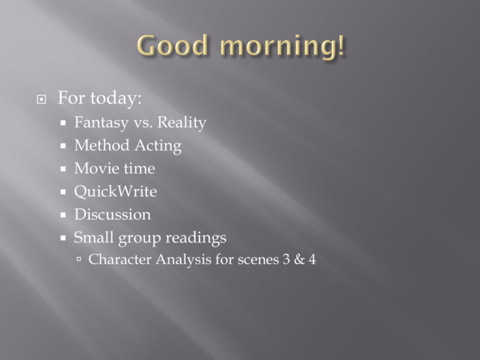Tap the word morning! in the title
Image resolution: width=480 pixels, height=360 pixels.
282,46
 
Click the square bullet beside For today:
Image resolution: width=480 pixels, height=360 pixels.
41,99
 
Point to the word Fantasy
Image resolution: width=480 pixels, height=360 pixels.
101,123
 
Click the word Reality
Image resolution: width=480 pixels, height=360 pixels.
182,123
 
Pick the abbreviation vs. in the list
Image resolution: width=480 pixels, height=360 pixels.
143,124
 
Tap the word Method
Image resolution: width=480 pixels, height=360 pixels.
102,145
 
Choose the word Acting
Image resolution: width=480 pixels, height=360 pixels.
158,146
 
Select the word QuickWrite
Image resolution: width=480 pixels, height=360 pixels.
116,192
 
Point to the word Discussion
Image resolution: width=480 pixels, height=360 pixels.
112,214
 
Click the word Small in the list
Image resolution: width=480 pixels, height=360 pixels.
94,237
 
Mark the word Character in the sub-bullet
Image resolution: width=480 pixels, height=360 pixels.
120,259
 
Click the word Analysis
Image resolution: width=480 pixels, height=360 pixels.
184,260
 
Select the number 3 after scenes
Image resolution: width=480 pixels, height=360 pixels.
286,259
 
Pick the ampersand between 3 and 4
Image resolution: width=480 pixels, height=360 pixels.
299,259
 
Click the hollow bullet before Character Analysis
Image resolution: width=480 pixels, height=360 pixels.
79,259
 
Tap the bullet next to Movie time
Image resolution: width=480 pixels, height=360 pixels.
63,169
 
